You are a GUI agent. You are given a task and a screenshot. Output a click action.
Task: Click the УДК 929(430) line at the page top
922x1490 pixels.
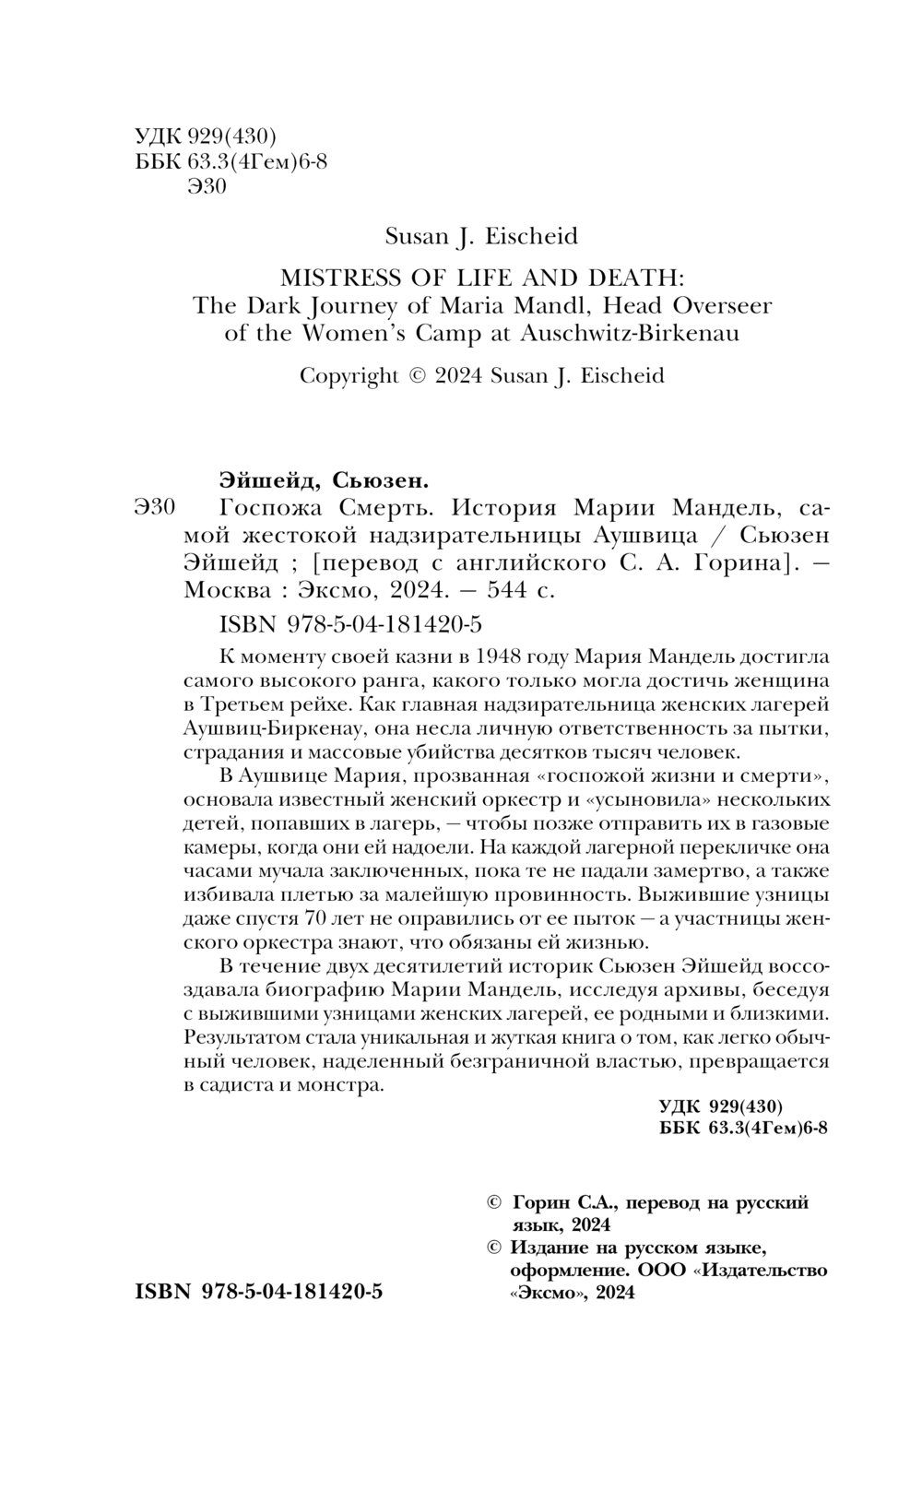(206, 136)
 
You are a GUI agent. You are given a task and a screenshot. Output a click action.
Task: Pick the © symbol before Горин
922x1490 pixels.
(493, 1202)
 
